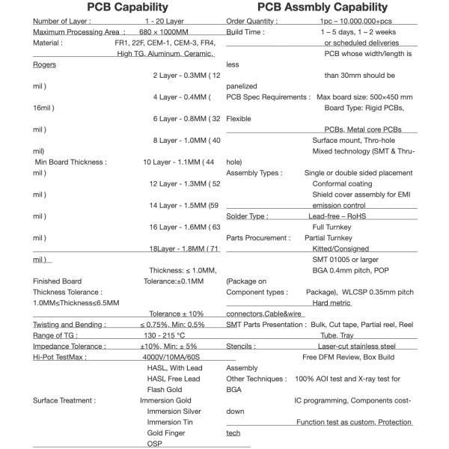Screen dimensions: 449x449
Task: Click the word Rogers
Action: pyautogui.click(x=44, y=64)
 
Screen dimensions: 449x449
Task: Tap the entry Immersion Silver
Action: pyautogui.click(x=174, y=411)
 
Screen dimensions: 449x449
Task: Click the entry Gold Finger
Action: pyautogui.click(x=166, y=433)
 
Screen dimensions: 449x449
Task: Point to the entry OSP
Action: pyautogui.click(x=154, y=443)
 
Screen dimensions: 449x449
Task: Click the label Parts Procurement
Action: pyautogui.click(x=258, y=238)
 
